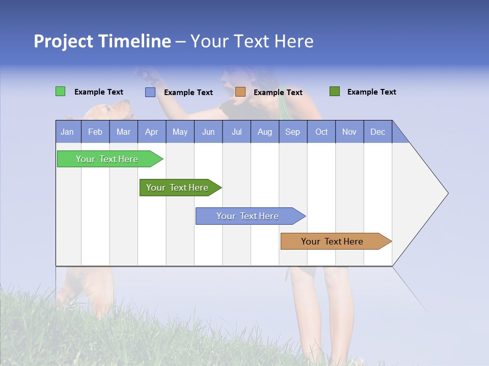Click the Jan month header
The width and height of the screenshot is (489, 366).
[67, 132]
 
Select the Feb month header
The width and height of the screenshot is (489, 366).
[95, 132]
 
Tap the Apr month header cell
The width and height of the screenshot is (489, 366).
[152, 132]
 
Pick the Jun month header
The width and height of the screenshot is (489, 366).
[208, 132]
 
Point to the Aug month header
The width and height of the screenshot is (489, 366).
[265, 132]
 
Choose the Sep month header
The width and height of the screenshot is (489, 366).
[293, 132]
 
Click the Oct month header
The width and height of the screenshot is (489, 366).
[321, 132]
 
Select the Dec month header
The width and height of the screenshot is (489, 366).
[378, 132]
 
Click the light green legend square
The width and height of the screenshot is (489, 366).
[61, 91]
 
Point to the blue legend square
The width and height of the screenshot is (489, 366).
[150, 92]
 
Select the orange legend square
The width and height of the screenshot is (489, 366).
[240, 92]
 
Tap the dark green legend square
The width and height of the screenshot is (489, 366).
[335, 91]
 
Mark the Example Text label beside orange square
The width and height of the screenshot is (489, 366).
[278, 93]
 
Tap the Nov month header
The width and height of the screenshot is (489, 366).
[349, 132]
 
